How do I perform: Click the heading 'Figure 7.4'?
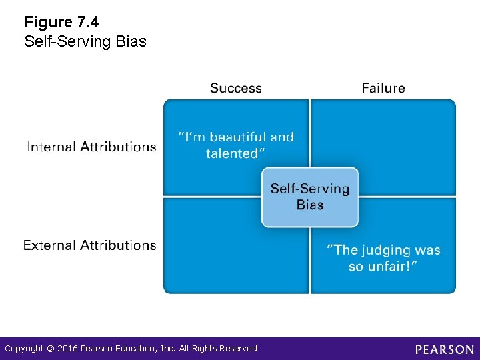tap(61, 23)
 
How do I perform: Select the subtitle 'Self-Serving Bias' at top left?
tap(85, 41)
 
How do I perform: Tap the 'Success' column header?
tap(235, 88)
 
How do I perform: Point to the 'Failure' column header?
tap(383, 88)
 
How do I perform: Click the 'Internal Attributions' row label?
tap(91, 147)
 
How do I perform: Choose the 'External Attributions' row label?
tap(89, 245)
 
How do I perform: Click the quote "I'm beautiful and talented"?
tap(236, 145)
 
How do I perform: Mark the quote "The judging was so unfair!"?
tap(383, 258)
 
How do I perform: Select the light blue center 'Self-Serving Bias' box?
tap(309, 197)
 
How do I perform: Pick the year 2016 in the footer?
tap(67, 349)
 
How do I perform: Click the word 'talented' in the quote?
tap(231, 153)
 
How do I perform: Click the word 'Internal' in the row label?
tap(51, 147)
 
